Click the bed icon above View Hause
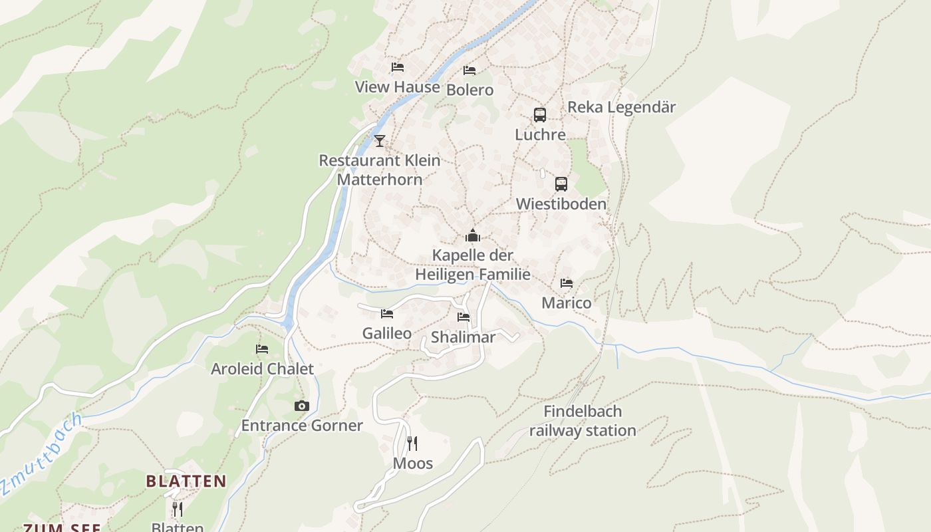point(398,67)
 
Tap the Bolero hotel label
point(469,90)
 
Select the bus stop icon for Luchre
point(540,114)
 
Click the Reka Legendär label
point(621,107)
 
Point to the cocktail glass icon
point(380,140)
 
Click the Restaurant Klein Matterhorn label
point(380,170)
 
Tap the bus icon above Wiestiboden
point(561,184)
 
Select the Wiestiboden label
point(561,203)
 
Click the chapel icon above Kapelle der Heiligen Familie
point(473,235)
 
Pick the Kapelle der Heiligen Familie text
point(473,265)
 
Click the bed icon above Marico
point(567,283)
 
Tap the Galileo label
point(386,333)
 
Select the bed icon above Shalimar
point(464,317)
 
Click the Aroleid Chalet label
point(262,368)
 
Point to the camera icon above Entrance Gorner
point(302,406)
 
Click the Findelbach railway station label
point(583,421)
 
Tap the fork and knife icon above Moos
point(412,444)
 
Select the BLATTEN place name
point(186,481)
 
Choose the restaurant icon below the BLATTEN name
point(178,509)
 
